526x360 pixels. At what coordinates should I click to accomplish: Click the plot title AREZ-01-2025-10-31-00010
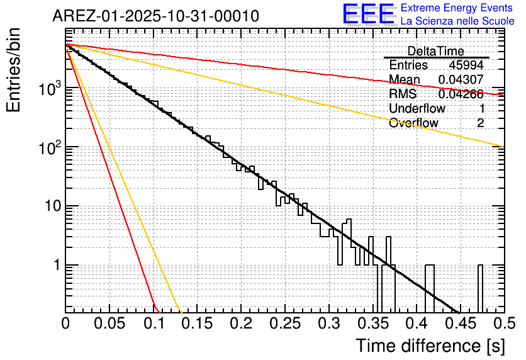pos(155,16)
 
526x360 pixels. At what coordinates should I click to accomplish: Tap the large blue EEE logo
pos(368,14)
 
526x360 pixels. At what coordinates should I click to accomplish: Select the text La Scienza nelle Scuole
pos(457,21)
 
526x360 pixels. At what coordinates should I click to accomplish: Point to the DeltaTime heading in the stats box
pos(435,51)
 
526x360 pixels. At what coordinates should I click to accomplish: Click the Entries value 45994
pos(466,65)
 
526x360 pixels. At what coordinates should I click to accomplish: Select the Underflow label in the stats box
pos(417,108)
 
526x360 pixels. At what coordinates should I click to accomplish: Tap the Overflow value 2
pos(480,123)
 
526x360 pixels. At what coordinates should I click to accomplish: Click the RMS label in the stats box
pos(403,94)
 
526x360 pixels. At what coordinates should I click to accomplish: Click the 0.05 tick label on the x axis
pos(109,323)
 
